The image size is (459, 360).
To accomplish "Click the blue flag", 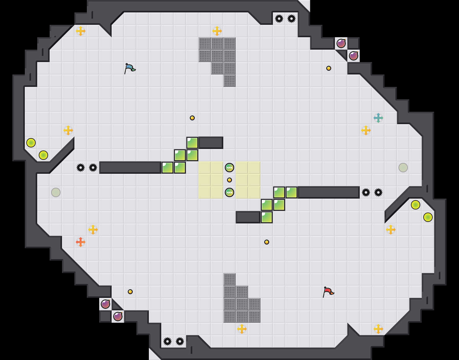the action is [130, 68].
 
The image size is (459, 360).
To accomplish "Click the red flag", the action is [328, 292].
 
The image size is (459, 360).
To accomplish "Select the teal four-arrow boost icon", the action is [378, 118].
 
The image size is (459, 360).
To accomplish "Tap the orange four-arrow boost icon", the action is [81, 242].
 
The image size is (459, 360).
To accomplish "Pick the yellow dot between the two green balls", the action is [229, 180].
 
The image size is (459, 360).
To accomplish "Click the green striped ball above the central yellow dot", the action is [229, 168].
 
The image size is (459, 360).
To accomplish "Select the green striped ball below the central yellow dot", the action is [229, 192].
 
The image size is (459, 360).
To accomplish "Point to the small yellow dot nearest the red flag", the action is [267, 242].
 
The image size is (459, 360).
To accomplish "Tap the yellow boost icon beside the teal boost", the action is [366, 130].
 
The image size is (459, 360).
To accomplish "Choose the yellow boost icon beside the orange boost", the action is [93, 230].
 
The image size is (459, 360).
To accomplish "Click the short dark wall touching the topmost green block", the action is [211, 143].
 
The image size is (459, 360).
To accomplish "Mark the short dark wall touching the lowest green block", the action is [248, 217].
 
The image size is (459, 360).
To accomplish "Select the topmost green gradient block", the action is [192, 143].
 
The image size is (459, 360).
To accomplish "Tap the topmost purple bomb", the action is [341, 43].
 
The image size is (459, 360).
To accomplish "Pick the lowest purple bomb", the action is [118, 317].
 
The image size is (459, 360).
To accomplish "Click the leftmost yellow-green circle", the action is [31, 143].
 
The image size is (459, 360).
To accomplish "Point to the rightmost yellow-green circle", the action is [428, 217].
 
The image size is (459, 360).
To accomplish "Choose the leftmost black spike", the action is [81, 168].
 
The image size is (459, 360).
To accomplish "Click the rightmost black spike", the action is [378, 192].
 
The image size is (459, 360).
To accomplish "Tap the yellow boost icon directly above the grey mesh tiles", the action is [217, 31].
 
